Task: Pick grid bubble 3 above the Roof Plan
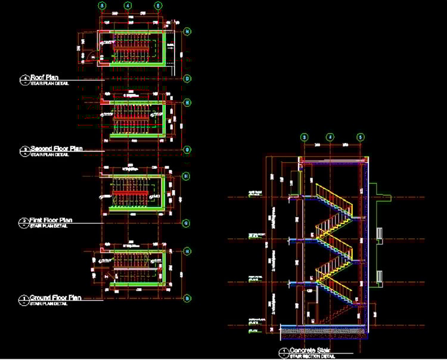(102, 5)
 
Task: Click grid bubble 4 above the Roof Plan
(128, 5)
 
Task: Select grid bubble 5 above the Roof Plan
(157, 5)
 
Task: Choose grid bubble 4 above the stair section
(330, 137)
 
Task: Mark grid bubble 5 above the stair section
(360, 137)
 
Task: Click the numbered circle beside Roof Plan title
(25, 78)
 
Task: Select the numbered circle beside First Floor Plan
(25, 222)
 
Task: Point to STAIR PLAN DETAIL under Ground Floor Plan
(49, 303)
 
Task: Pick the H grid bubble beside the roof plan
(187, 31)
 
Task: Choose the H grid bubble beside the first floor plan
(186, 176)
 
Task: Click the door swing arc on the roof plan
(95, 56)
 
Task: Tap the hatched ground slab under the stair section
(322, 329)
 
